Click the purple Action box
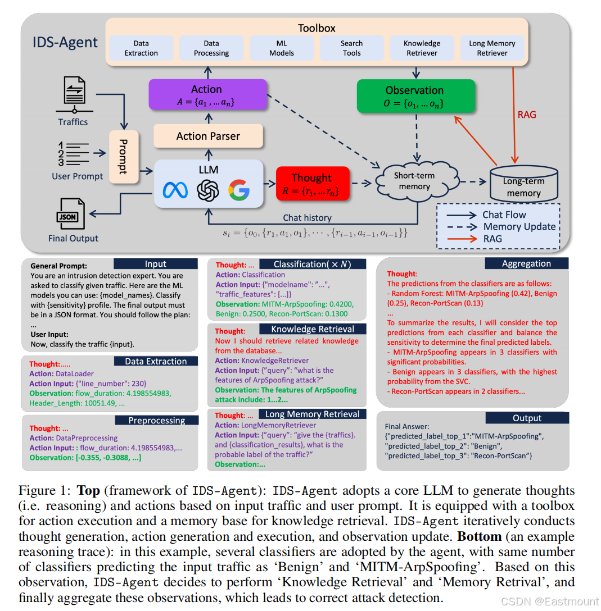click(207, 94)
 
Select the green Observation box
click(415, 95)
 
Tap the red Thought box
click(312, 184)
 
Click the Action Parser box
click(208, 136)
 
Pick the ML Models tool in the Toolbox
click(282, 48)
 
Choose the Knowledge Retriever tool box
click(422, 48)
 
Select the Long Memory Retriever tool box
click(492, 48)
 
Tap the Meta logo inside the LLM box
click(175, 191)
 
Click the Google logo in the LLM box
click(239, 191)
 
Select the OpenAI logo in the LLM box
click(207, 191)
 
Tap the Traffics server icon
click(74, 95)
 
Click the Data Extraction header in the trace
click(156, 361)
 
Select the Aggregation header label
click(526, 263)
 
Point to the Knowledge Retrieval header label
click(313, 329)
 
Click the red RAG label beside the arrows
click(526, 115)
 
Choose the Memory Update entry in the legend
click(519, 226)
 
